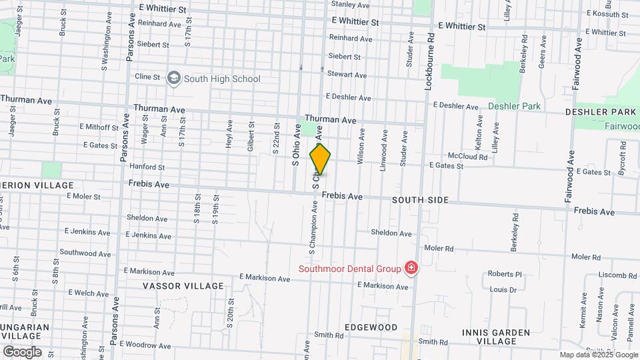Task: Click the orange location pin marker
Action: click(320, 159)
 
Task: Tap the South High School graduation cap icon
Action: click(174, 78)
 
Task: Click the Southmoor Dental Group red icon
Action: click(411, 269)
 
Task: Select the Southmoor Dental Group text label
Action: click(350, 269)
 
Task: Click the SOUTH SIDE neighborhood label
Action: click(420, 200)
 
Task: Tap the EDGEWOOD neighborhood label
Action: click(371, 327)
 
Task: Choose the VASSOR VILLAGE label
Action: click(183, 286)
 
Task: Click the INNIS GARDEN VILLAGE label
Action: click(497, 337)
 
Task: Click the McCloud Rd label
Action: click(468, 157)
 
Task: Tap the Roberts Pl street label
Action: click(505, 274)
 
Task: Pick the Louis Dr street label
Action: click(503, 290)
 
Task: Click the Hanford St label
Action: click(148, 167)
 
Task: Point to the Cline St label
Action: click(148, 77)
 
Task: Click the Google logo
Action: click(21, 351)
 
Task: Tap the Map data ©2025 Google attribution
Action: click(599, 355)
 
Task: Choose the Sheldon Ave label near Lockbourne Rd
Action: click(391, 233)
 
